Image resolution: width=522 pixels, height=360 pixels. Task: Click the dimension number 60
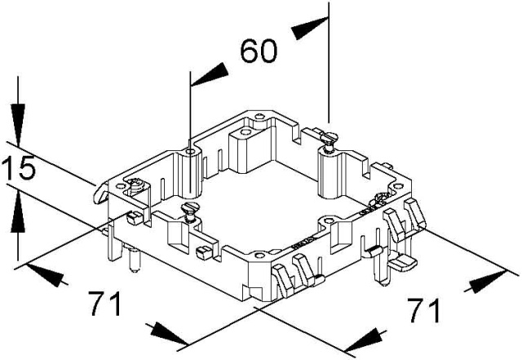(259, 51)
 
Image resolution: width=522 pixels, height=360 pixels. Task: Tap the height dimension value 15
(19, 167)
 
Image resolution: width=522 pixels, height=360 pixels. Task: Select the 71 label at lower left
(105, 304)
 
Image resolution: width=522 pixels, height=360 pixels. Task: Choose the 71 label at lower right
(424, 310)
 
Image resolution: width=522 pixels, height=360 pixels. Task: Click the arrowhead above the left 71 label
(46, 275)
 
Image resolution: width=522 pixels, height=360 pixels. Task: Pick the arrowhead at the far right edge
(488, 281)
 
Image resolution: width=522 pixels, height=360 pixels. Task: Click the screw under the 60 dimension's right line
(329, 142)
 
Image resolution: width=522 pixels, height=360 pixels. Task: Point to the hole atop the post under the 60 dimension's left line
(190, 153)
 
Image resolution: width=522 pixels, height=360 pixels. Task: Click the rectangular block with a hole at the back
(245, 150)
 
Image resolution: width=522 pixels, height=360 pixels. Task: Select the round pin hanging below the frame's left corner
(134, 260)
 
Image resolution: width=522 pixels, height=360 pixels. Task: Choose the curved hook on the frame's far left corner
(100, 193)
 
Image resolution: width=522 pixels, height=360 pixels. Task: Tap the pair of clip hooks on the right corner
(405, 218)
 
